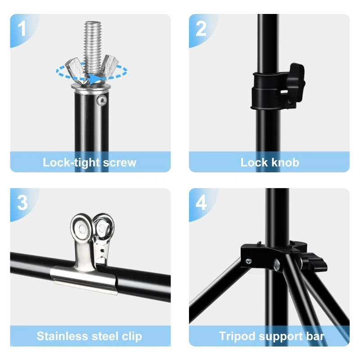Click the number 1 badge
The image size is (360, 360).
tap(22, 29)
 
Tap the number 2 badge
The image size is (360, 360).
tap(201, 29)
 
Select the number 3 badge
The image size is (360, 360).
tap(22, 203)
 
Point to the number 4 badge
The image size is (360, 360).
tap(201, 203)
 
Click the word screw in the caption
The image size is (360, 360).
tap(120, 162)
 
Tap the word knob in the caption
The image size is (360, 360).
tap(285, 162)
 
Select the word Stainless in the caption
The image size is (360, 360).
tap(63, 336)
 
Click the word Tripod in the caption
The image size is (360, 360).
tap(238, 337)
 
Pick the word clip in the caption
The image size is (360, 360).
tap(132, 337)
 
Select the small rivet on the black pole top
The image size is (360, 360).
tap(102, 100)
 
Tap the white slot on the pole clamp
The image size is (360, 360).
tap(284, 92)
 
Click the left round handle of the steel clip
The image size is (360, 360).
tap(81, 227)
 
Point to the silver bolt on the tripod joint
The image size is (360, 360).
tap(277, 265)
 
